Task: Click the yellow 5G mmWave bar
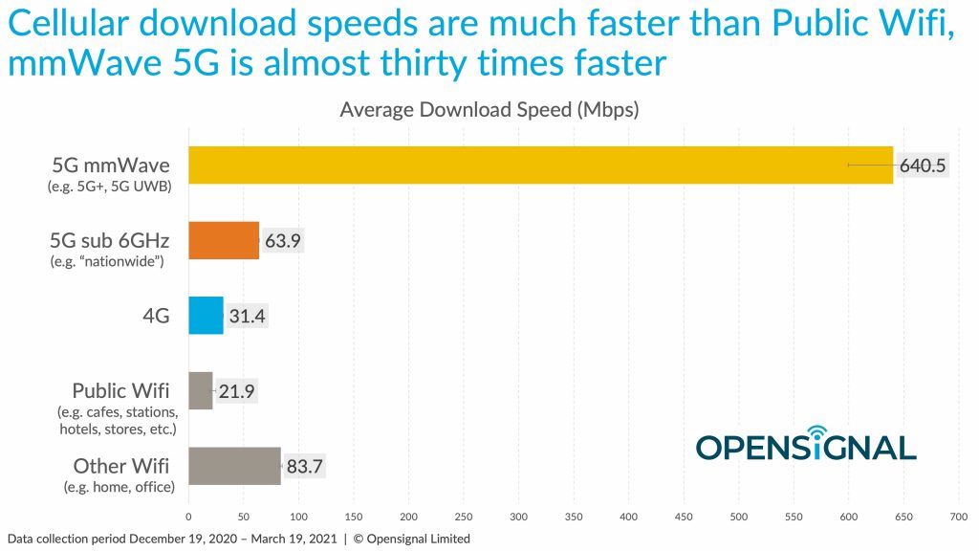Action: click(540, 165)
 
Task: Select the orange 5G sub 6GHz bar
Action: click(224, 240)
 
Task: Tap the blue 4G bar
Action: click(206, 316)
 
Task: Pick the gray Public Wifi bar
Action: click(200, 390)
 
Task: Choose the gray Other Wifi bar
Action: click(234, 466)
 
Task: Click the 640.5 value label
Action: click(923, 165)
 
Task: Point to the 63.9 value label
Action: click(283, 241)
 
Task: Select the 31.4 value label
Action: click(248, 316)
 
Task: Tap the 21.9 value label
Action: click(236, 391)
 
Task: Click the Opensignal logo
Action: click(806, 445)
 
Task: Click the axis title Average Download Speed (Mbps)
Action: click(489, 110)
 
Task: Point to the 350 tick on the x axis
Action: click(574, 516)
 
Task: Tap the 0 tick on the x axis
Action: click(188, 516)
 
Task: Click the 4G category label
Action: click(156, 316)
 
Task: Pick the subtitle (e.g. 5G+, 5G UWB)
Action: click(109, 187)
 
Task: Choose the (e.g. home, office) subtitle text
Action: click(119, 487)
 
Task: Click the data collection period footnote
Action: click(238, 539)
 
